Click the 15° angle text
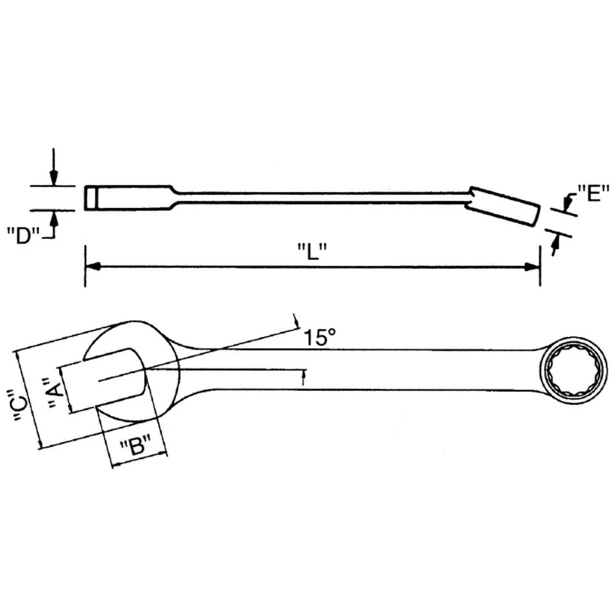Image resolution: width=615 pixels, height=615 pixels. (319, 338)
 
